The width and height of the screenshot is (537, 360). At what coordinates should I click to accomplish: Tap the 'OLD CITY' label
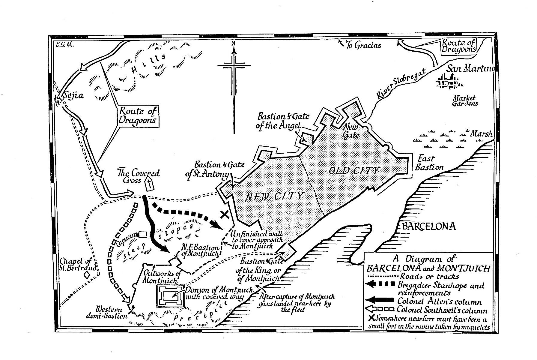point(354,171)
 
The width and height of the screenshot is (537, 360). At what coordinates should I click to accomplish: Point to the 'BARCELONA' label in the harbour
point(429,226)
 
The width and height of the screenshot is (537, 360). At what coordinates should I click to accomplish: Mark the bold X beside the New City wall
point(225,214)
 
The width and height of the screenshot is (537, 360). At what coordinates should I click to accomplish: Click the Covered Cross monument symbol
point(149,184)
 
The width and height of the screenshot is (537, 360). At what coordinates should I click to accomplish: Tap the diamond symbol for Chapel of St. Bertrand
point(87,274)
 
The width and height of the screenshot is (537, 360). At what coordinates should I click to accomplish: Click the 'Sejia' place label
point(73,96)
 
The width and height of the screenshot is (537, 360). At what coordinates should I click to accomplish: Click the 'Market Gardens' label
point(465,101)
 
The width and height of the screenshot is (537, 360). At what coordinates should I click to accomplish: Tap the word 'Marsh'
point(481,134)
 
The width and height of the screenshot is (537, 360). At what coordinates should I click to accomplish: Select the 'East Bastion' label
point(429,163)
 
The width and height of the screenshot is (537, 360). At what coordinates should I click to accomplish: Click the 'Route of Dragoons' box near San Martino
point(459,46)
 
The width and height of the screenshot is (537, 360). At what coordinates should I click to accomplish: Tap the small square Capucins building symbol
point(143,234)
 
